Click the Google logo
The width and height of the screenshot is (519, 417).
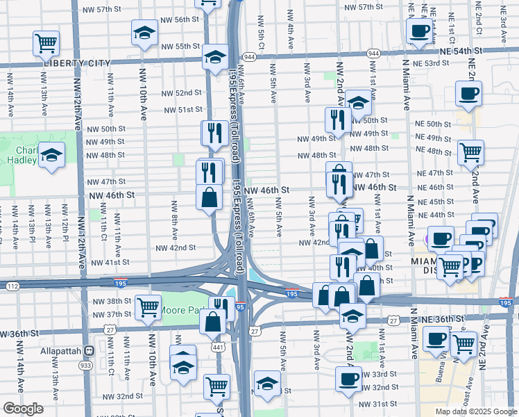pyautogui.click(x=24, y=409)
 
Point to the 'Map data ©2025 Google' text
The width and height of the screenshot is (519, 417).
pyautogui.click(x=475, y=411)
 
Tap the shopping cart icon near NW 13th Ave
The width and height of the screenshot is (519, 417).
pyautogui.click(x=46, y=43)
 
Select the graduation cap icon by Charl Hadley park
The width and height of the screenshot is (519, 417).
pyautogui.click(x=51, y=155)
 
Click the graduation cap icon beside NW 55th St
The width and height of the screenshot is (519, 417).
pyautogui.click(x=144, y=33)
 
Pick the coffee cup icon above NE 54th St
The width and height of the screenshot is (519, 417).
pyautogui.click(x=419, y=31)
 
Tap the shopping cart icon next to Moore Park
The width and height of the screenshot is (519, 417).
pyautogui.click(x=148, y=306)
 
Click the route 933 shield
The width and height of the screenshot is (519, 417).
pyautogui.click(x=86, y=364)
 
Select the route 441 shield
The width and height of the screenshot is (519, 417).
pyautogui.click(x=219, y=346)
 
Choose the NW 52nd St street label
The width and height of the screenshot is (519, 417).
pyautogui.click(x=182, y=92)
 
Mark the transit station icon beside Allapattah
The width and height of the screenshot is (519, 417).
pyautogui.click(x=88, y=350)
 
